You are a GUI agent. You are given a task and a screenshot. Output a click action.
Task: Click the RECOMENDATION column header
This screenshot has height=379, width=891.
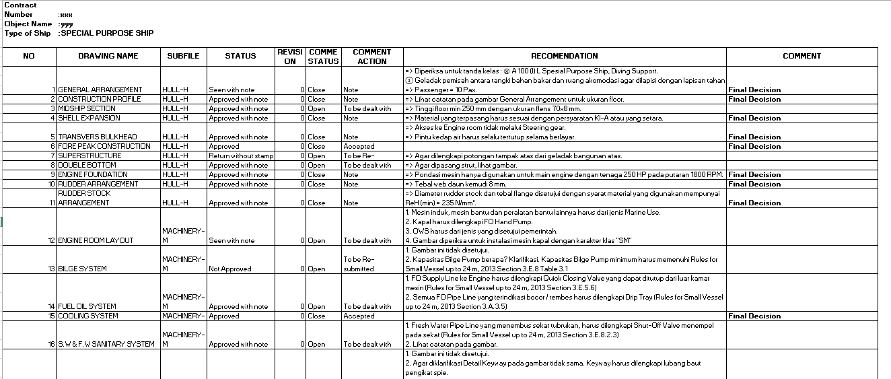click(x=564, y=57)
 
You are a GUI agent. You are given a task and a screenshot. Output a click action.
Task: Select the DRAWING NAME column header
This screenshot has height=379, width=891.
click(x=108, y=57)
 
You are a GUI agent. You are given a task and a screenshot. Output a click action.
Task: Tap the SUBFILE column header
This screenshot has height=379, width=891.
click(x=183, y=57)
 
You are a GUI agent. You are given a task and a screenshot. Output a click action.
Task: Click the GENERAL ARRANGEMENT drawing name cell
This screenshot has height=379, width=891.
click(x=100, y=90)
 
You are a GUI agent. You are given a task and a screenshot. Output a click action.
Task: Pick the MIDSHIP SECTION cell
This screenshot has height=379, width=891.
click(x=87, y=108)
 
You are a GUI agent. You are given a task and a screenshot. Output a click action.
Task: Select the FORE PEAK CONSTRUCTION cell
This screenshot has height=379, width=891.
click(x=104, y=146)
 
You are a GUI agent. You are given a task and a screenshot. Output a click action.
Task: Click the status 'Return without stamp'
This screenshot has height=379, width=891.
click(x=241, y=156)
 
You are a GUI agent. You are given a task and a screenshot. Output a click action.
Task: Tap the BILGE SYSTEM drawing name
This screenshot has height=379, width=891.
click(x=82, y=269)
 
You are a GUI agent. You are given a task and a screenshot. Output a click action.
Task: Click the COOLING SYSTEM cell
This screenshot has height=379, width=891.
click(x=88, y=316)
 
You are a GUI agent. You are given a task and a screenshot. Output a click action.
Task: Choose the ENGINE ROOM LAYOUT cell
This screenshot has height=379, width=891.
click(x=96, y=240)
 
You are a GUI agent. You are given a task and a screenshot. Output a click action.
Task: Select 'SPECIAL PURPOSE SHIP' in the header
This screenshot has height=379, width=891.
click(x=107, y=33)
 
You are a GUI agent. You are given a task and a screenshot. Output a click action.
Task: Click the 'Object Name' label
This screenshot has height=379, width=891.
click(x=28, y=24)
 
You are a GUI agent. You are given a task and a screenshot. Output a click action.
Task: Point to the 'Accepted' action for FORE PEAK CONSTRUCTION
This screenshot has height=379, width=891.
click(x=359, y=146)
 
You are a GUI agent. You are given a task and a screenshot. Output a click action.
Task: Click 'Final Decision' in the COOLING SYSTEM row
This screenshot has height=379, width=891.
click(x=754, y=316)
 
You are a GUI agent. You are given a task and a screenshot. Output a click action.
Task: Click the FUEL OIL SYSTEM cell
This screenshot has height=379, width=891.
click(x=87, y=306)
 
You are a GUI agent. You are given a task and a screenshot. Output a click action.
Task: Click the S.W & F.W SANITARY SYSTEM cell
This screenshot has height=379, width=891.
click(x=106, y=344)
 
